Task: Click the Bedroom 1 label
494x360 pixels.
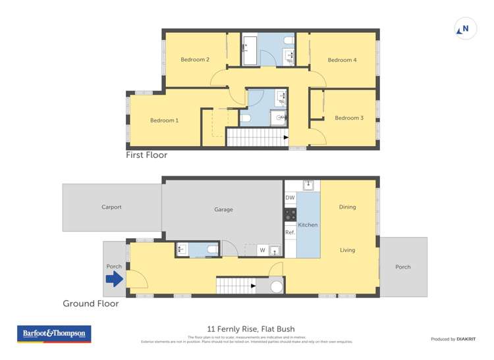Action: [x=164, y=120]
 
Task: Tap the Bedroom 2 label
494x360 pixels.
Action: [x=195, y=60]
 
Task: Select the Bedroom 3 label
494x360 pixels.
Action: [x=349, y=118]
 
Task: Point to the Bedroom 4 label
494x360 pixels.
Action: [x=342, y=60]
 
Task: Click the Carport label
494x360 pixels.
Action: [x=111, y=207]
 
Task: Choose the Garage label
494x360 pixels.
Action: [x=223, y=210]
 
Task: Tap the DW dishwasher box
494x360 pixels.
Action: [x=290, y=198]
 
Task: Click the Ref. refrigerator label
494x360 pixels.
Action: [x=290, y=232]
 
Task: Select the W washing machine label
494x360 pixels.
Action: [x=261, y=250]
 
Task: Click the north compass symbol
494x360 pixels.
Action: [x=465, y=29]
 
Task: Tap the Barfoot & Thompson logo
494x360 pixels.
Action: [x=54, y=334]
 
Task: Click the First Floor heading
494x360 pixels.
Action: [x=147, y=155]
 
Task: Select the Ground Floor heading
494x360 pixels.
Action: [x=91, y=304]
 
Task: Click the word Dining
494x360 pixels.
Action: [x=347, y=207]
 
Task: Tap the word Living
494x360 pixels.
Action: [x=347, y=250]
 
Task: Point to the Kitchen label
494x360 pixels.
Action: [x=308, y=225]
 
